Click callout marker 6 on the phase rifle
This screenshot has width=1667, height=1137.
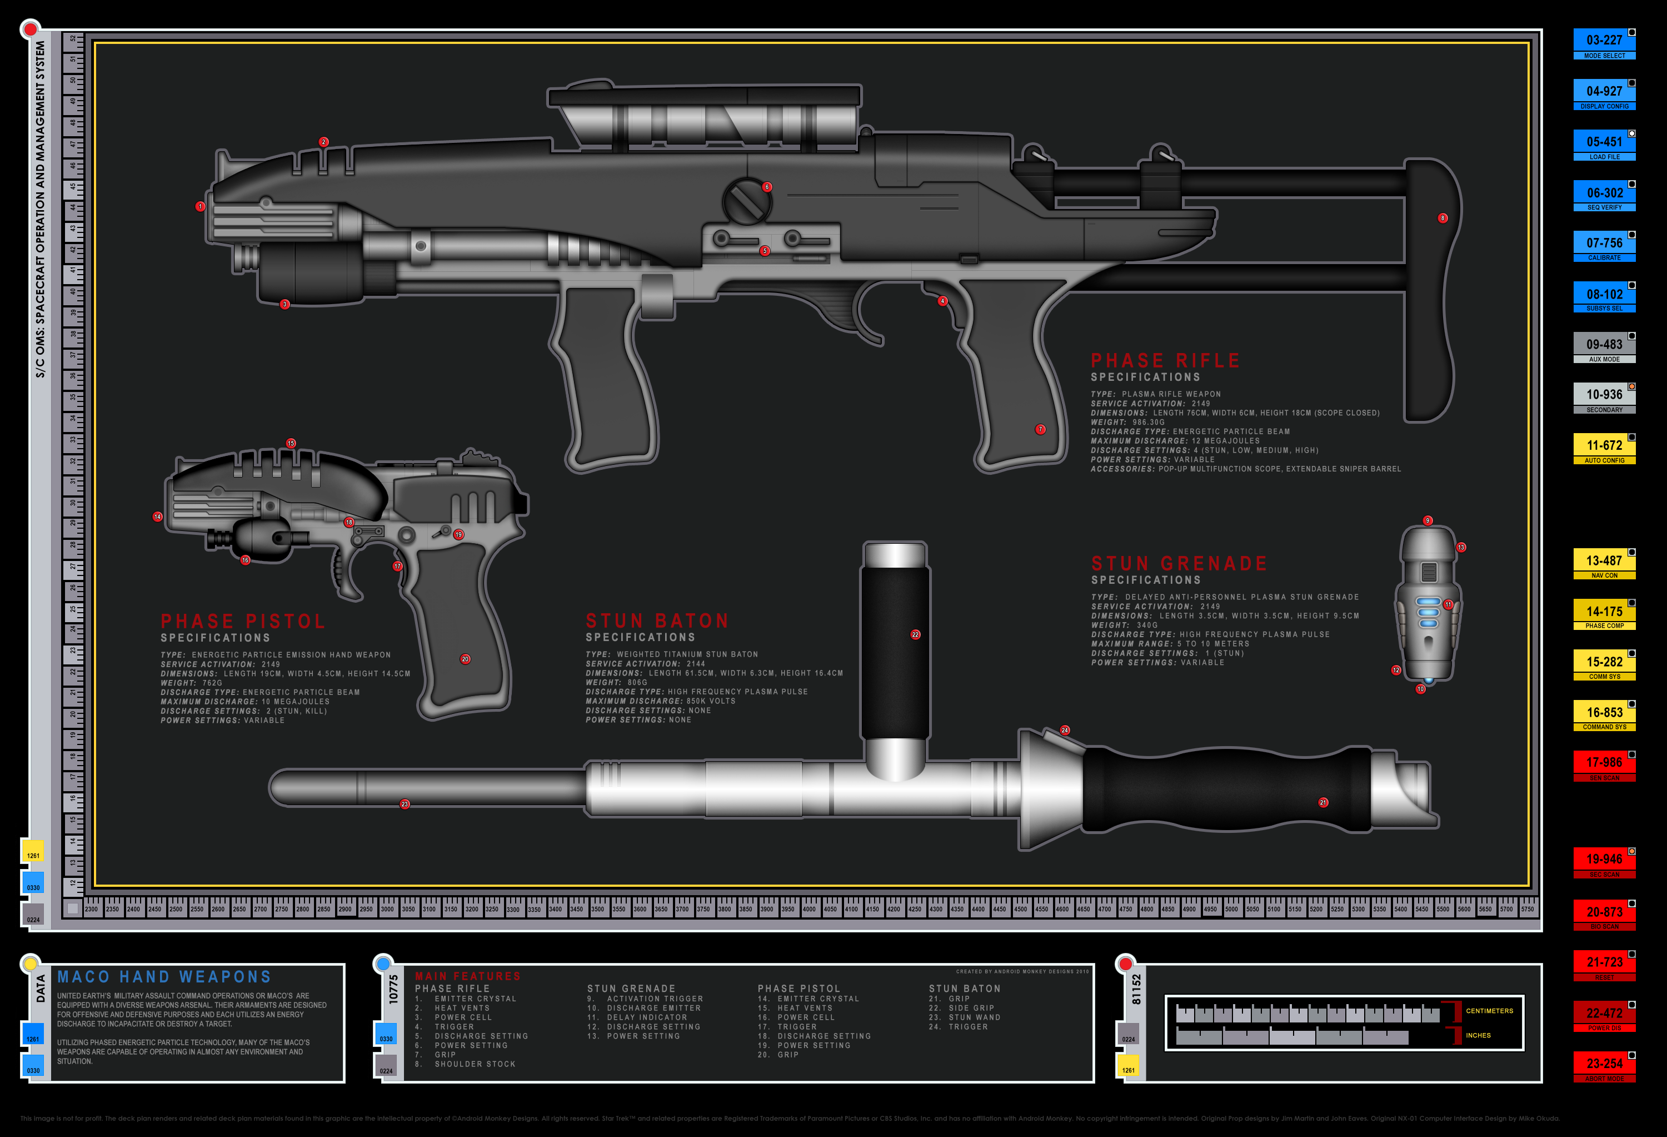[x=767, y=187]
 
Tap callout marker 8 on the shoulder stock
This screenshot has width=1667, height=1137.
[x=1443, y=218]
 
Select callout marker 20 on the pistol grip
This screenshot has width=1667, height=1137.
[x=466, y=659]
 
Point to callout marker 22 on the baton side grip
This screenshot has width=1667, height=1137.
[x=915, y=634]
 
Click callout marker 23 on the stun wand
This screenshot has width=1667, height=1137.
[x=405, y=804]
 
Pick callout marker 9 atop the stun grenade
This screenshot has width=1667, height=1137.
[x=1428, y=520]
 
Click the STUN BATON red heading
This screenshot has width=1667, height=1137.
[x=657, y=621]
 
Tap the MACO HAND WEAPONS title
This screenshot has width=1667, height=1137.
[x=164, y=977]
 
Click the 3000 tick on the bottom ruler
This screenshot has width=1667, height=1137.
[x=387, y=908]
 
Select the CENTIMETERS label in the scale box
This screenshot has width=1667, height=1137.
[x=1489, y=1011]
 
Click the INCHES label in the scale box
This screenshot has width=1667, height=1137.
[x=1478, y=1035]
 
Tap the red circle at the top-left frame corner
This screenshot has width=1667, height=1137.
[x=30, y=29]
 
